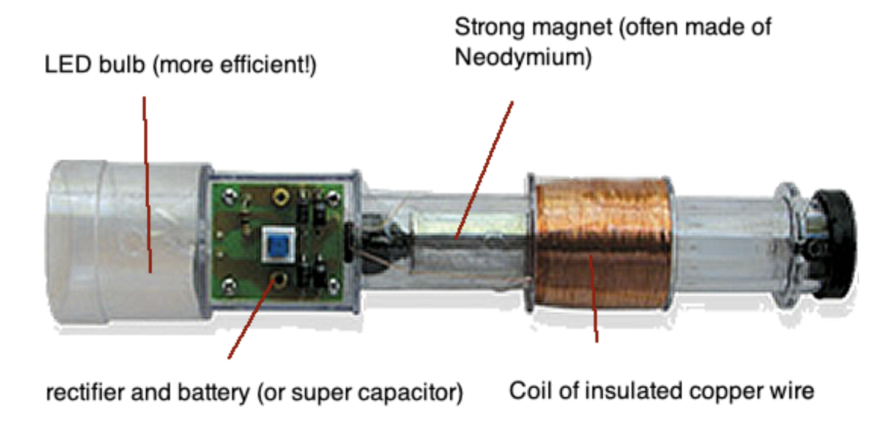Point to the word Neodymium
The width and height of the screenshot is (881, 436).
(523, 58)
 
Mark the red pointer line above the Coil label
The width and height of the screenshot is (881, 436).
(593, 300)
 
